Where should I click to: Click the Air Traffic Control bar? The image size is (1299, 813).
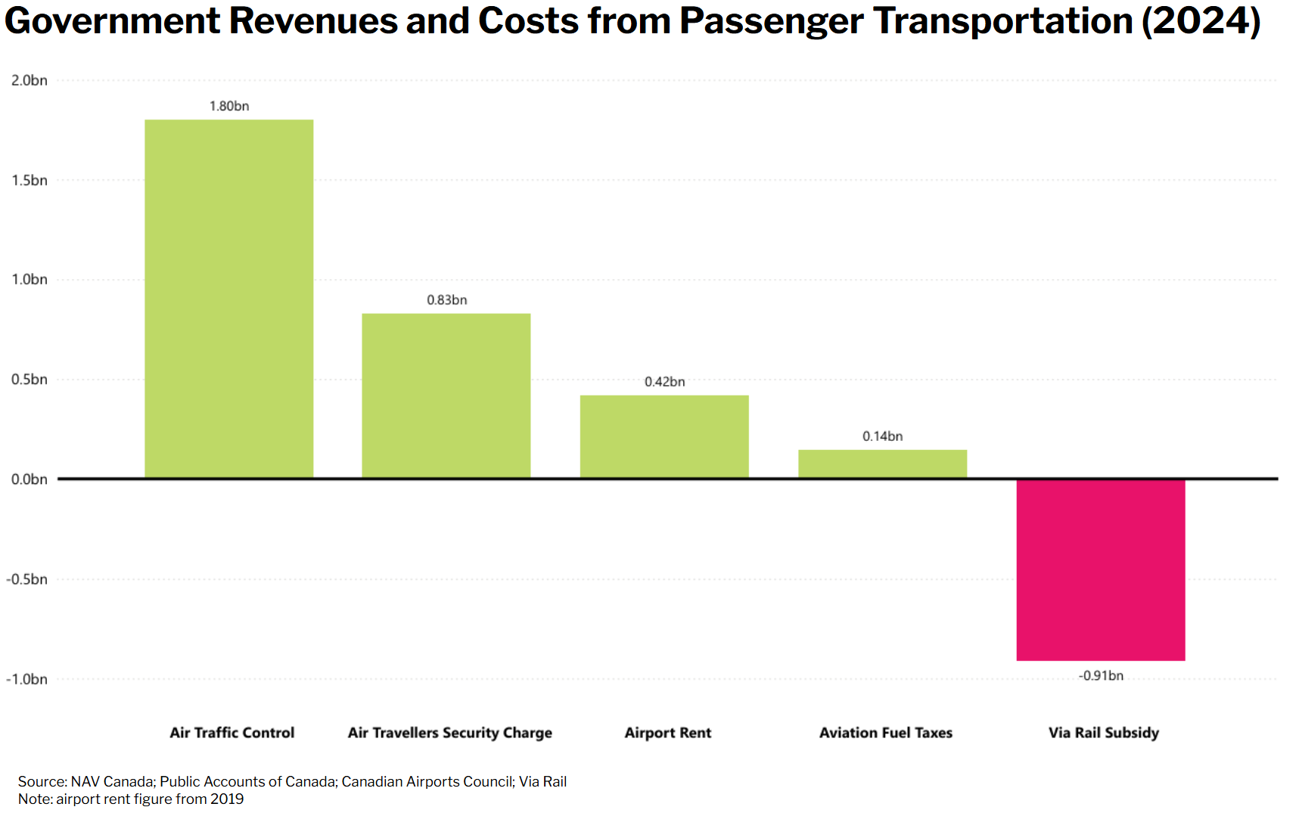(x=228, y=299)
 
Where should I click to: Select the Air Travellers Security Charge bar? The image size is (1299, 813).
(x=446, y=396)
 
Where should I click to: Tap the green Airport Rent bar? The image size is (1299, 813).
(x=664, y=436)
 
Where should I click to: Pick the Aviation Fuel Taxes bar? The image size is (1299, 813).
(x=882, y=464)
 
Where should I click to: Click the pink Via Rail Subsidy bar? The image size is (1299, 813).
(x=1100, y=569)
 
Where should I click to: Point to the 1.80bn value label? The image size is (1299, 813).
(x=229, y=107)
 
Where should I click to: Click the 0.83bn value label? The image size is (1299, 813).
(x=446, y=300)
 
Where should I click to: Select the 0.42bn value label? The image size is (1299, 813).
(x=664, y=382)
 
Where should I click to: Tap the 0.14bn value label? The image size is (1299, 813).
(x=882, y=436)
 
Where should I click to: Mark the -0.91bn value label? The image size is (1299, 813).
(x=1101, y=675)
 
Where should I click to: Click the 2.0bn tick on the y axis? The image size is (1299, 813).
(x=30, y=80)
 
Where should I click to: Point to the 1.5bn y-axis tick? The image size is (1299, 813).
(x=30, y=180)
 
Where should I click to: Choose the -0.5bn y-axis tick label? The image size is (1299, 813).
(x=27, y=579)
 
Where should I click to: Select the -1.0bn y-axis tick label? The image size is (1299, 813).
(x=27, y=679)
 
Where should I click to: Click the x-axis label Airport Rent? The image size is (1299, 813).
(x=667, y=733)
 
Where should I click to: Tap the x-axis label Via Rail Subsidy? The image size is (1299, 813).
(x=1103, y=733)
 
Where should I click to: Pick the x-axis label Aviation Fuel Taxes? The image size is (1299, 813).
(x=885, y=733)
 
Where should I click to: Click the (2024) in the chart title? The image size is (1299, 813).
(x=1201, y=21)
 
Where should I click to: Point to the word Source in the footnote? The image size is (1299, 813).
(x=42, y=782)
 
